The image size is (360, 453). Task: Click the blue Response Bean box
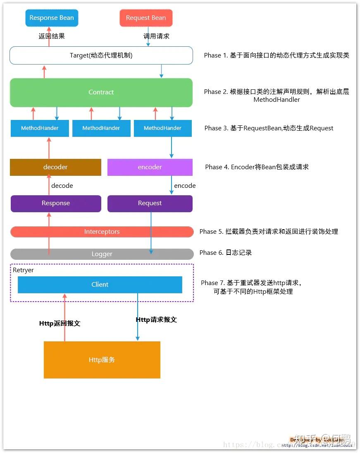[x=52, y=18]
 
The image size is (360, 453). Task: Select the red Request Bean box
[x=146, y=18]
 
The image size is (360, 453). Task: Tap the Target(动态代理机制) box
[x=101, y=55]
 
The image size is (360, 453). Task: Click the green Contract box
[x=101, y=92]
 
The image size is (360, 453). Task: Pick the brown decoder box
[x=55, y=167]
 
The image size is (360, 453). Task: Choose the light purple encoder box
[x=150, y=167]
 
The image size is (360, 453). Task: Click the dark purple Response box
[x=56, y=203]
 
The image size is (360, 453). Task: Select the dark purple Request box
[x=150, y=203]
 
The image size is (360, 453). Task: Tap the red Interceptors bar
[x=102, y=232]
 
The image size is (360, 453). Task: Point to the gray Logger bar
[x=102, y=254]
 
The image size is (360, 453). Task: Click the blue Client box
[x=100, y=285]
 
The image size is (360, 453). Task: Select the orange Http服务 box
[x=102, y=360]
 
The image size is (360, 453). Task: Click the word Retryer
[x=23, y=270]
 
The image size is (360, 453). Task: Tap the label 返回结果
[x=52, y=36]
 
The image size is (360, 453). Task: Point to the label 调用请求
[x=156, y=36]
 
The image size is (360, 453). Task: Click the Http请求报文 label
[x=156, y=319]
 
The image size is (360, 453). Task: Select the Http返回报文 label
[x=60, y=324]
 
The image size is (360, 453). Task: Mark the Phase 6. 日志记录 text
[x=226, y=253]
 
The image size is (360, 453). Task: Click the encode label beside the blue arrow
[x=185, y=186]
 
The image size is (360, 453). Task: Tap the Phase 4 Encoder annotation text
[x=257, y=167]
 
